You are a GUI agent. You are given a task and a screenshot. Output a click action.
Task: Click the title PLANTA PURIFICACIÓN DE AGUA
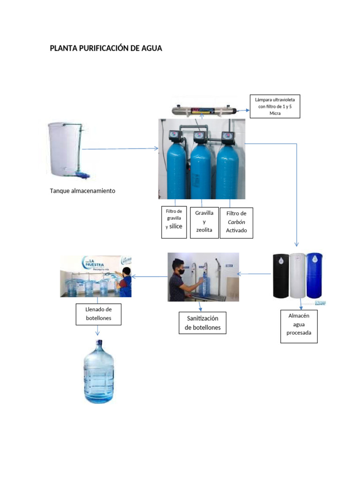[x=106, y=48]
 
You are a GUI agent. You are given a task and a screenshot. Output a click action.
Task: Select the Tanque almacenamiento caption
[x=82, y=191]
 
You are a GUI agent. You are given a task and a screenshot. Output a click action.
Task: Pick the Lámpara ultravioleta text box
[x=275, y=106]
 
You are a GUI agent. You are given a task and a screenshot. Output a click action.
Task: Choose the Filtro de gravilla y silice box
[x=174, y=222]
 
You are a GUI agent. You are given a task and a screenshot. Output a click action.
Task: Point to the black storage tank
[x=281, y=276]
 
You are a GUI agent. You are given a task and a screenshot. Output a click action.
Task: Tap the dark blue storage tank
[x=314, y=275]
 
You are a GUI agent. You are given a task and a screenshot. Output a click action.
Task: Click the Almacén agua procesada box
[x=299, y=326]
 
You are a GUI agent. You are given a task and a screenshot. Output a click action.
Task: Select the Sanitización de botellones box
[x=202, y=323]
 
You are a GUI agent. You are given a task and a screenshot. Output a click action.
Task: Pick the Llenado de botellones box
[x=98, y=314]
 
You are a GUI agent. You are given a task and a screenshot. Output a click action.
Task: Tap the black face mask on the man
[x=181, y=271]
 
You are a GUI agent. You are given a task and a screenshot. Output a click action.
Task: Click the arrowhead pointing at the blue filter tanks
[x=156, y=149]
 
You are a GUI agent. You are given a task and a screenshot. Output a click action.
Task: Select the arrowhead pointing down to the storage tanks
[x=296, y=244]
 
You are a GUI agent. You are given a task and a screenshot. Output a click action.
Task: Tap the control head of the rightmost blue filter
[x=228, y=136]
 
